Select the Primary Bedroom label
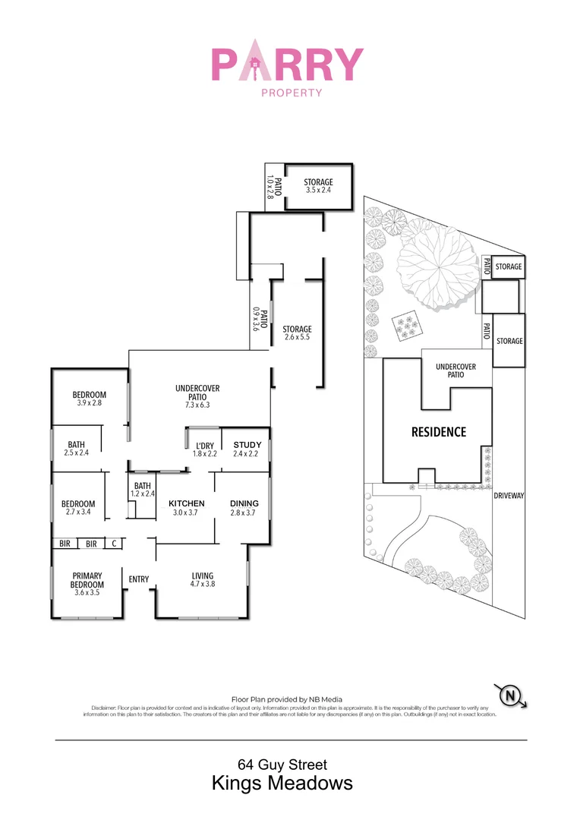(x=87, y=580)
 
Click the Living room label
(x=203, y=580)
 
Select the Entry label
(x=139, y=580)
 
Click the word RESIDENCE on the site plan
(x=439, y=432)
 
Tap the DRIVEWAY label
(x=509, y=496)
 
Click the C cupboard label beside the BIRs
(x=114, y=544)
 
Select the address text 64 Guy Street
(x=282, y=765)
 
